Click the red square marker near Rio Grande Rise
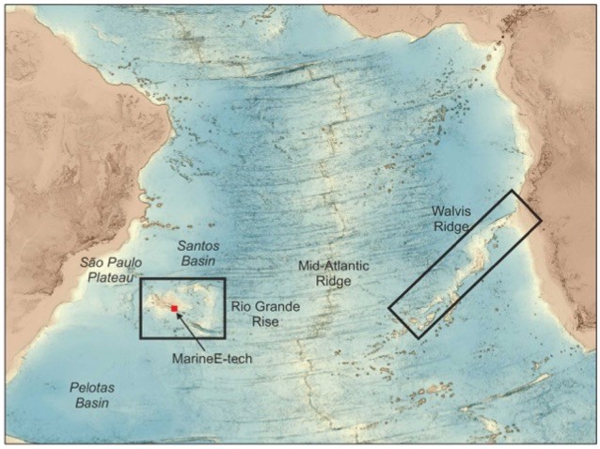click(x=174, y=308)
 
